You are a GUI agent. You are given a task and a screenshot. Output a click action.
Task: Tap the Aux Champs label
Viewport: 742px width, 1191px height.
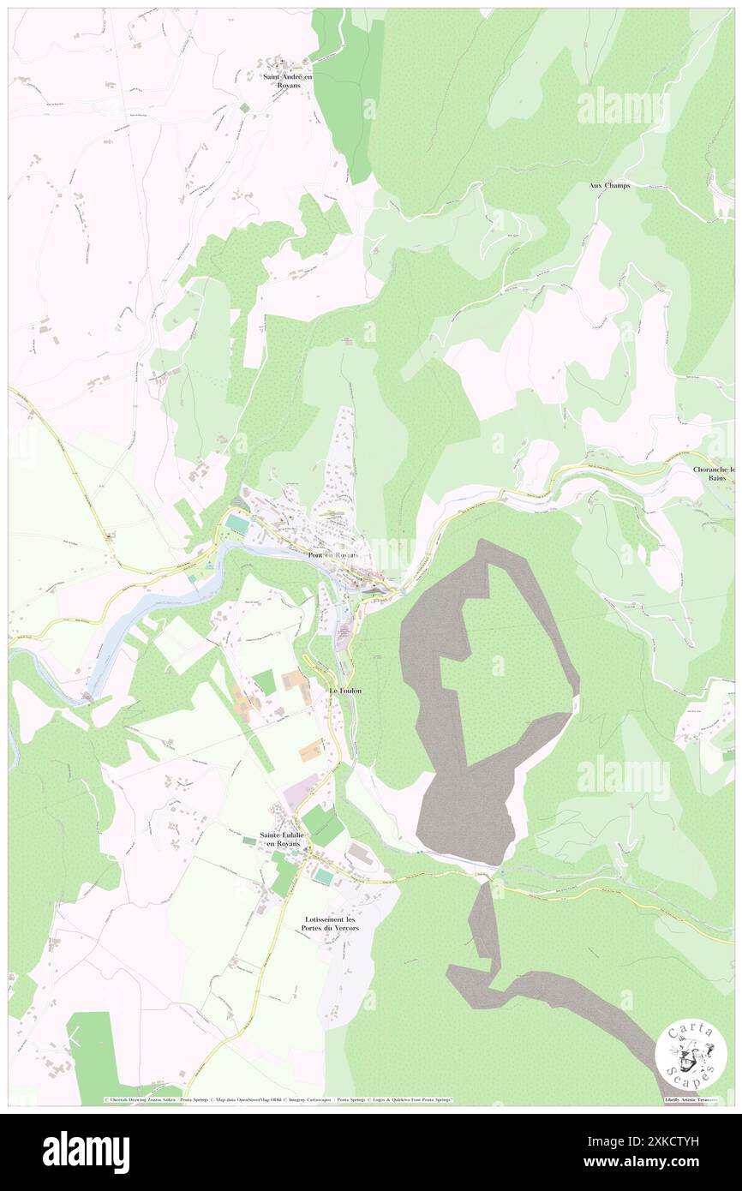[609, 186]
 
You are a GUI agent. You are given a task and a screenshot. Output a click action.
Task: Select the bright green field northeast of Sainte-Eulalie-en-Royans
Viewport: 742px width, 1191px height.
[322, 824]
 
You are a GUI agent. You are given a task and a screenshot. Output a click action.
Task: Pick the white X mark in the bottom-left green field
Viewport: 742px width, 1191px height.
[75, 1038]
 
